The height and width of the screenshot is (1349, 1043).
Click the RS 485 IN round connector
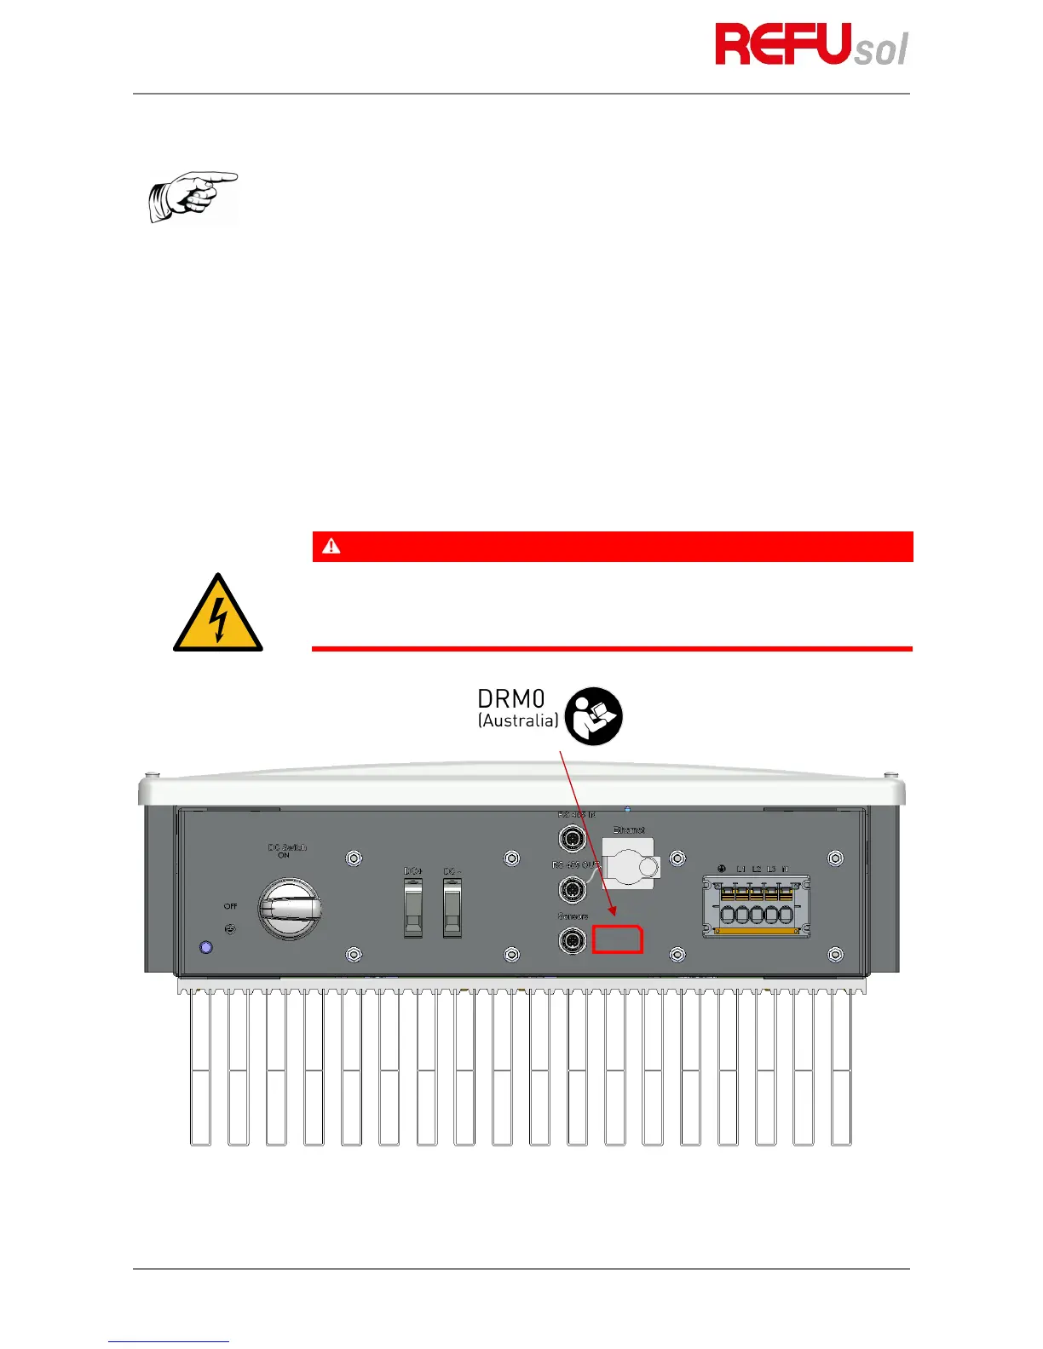click(x=572, y=839)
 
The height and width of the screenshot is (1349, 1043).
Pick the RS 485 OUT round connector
click(x=572, y=890)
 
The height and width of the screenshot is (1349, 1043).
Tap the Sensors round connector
click(x=572, y=941)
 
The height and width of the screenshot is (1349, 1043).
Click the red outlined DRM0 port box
click(x=618, y=939)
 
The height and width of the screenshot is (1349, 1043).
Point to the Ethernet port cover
click(x=630, y=863)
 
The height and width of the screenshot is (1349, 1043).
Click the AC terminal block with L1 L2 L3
click(x=756, y=907)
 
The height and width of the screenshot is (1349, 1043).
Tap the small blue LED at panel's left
click(x=205, y=947)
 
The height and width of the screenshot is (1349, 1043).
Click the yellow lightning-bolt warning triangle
click(x=218, y=613)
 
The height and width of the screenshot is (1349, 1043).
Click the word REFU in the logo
click(x=783, y=45)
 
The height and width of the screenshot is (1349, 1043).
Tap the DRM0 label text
click(x=510, y=699)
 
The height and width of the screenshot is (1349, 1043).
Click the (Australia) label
click(x=518, y=721)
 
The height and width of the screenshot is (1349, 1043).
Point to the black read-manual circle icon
click(x=594, y=716)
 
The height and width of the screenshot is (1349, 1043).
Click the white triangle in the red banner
click(x=331, y=547)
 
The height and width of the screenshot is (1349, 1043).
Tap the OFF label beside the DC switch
click(x=230, y=906)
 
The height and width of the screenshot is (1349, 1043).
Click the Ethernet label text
click(x=629, y=829)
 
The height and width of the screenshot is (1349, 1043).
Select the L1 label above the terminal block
click(x=741, y=869)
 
